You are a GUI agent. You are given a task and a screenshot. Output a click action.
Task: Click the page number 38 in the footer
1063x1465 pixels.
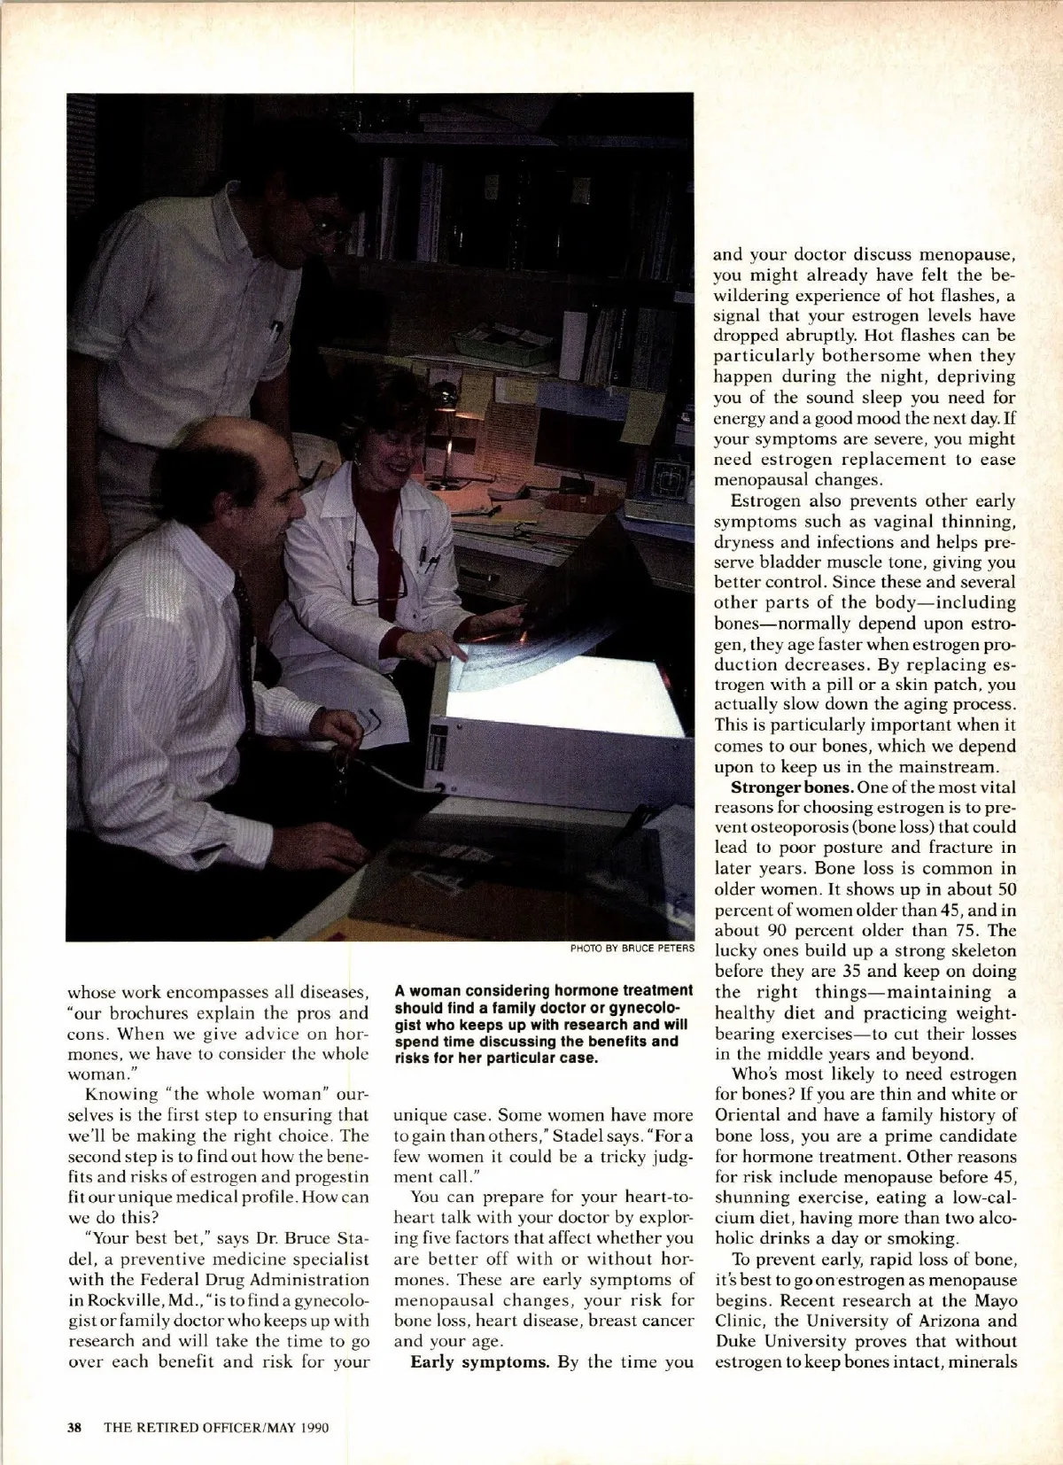pos(75,1427)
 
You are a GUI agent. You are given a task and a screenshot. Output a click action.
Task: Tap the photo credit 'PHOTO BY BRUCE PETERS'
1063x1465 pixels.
pos(632,949)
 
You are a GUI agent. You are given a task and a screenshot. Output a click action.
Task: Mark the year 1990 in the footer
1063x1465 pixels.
pos(314,1427)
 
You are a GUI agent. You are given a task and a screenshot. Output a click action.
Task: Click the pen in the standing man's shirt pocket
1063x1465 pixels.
pos(275,330)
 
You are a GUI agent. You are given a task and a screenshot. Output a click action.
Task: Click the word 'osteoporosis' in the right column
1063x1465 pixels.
pos(785,828)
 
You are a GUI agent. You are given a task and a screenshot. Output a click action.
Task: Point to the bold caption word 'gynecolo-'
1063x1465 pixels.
pos(651,1008)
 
